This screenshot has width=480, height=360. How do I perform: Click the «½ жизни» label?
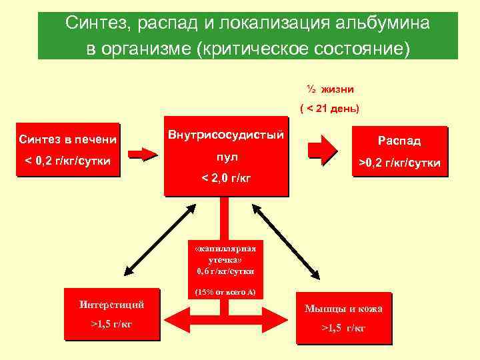(x=331, y=89)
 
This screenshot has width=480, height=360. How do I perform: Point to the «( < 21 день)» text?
(x=329, y=109)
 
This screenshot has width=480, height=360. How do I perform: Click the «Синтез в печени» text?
(x=68, y=139)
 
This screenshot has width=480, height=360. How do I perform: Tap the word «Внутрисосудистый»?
(x=226, y=135)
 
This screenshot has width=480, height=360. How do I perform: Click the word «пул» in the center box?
(x=226, y=157)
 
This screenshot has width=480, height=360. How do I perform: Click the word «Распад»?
(x=399, y=141)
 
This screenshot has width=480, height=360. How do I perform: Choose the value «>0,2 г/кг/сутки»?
(x=400, y=162)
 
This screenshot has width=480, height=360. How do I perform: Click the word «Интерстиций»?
(x=111, y=305)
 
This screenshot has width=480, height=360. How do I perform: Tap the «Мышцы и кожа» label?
(x=343, y=308)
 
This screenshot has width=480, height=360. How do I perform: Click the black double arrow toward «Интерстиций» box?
(x=154, y=240)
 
